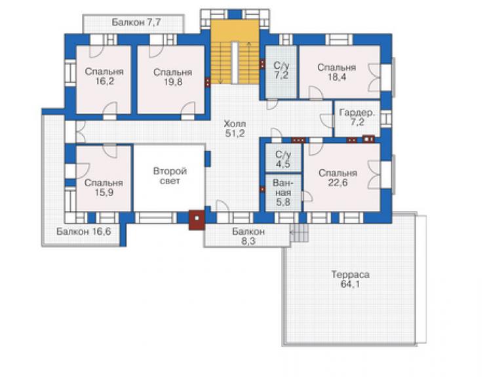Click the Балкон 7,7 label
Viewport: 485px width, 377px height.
[x=136, y=22]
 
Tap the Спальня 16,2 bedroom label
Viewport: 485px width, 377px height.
[x=104, y=77]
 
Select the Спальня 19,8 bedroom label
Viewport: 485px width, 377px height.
[x=172, y=77]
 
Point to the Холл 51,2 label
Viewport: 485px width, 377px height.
[x=235, y=129]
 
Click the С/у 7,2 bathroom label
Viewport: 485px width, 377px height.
[x=281, y=70]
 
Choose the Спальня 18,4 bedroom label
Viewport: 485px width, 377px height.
[x=336, y=72]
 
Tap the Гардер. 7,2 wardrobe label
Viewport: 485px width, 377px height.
[x=357, y=117]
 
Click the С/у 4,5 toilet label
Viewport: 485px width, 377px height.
[x=283, y=159]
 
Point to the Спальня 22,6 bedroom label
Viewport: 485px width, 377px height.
[x=338, y=178]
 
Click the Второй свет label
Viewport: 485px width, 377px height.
[x=170, y=176]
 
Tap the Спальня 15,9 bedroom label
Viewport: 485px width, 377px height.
[x=104, y=188]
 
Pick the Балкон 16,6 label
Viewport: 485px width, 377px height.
[x=83, y=231]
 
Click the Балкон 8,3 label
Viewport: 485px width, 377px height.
[x=248, y=236]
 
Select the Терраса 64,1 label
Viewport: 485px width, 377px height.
[x=351, y=279]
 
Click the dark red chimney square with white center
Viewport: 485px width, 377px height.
[x=197, y=220]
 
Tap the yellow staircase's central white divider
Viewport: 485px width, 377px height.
[x=235, y=63]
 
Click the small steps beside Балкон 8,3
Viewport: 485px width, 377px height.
[x=300, y=233]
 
